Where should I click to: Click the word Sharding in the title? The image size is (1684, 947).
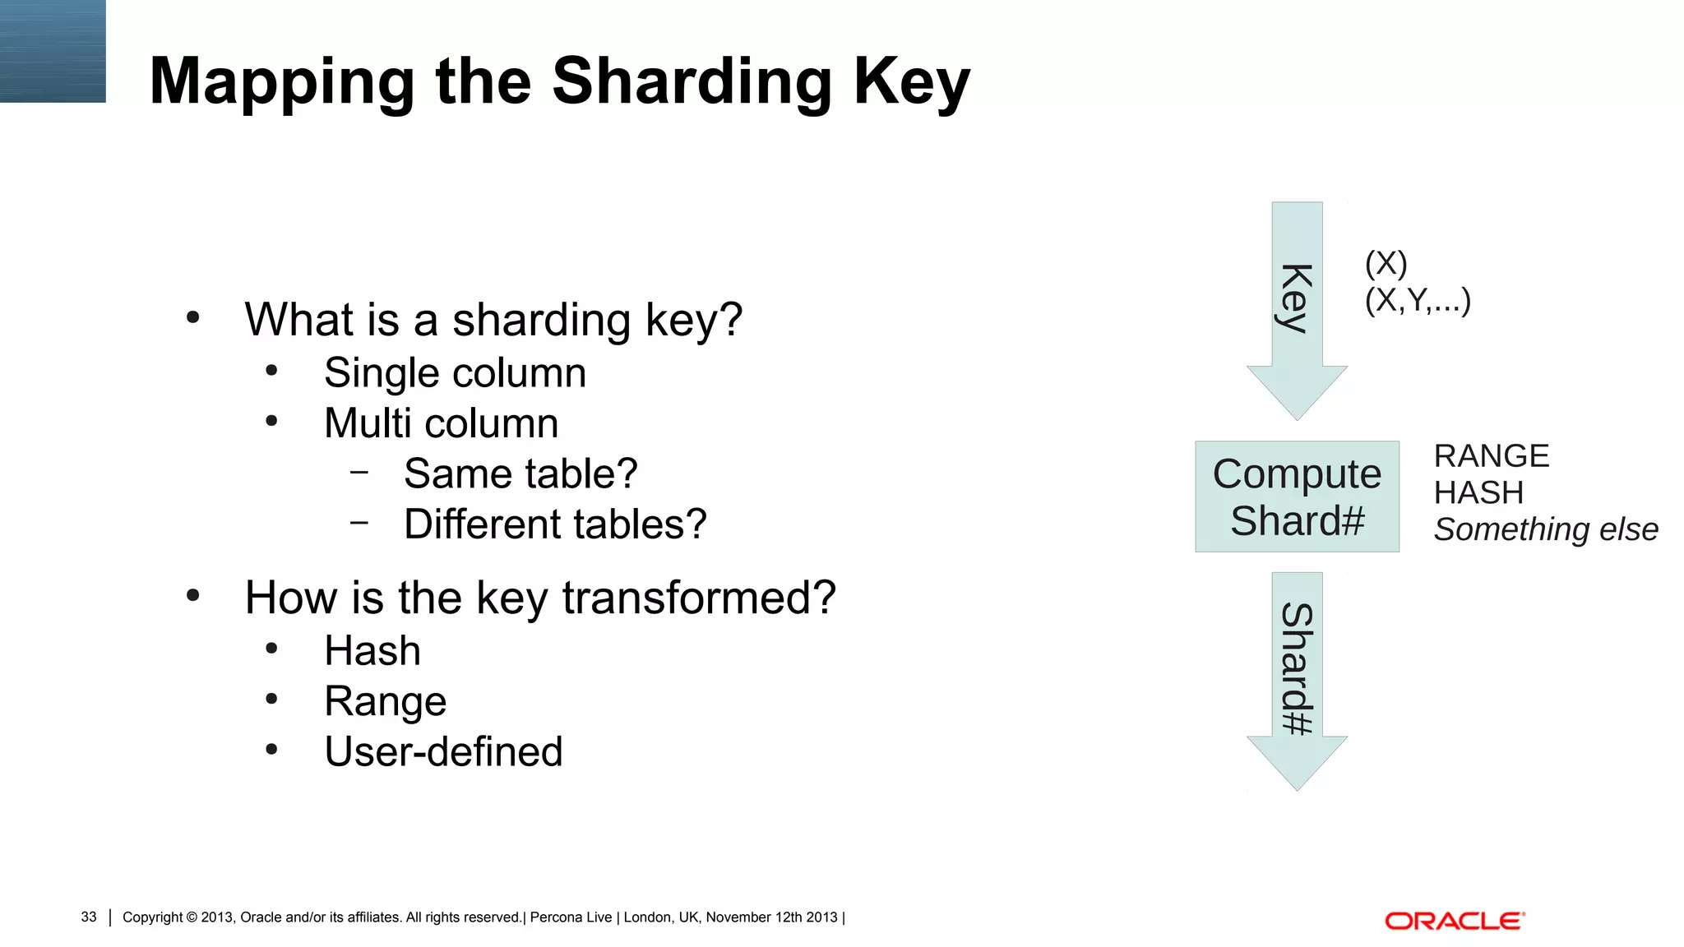pos(692,82)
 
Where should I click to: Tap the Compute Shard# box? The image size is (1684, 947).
pos(1297,497)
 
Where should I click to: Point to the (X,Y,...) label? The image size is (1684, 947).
pos(1418,301)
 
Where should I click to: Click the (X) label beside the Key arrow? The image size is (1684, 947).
pos(1386,264)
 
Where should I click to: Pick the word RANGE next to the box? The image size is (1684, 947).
pos(1492,456)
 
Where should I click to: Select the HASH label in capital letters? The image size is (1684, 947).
pos(1478,493)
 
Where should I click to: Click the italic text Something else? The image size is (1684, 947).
pos(1546,530)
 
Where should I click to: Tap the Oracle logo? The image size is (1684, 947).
pos(1455,921)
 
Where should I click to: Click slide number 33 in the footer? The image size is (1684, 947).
pos(89,917)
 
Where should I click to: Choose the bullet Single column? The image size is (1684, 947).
pos(455,373)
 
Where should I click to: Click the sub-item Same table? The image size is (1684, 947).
pos(520,474)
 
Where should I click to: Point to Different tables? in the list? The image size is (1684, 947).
pos(555,524)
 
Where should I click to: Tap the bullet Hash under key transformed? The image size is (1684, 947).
pos(372,651)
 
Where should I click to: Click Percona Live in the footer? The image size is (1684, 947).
pos(571,917)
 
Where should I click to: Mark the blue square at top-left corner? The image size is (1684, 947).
pos(53,51)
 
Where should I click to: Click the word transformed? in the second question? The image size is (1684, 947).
pos(699,598)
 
